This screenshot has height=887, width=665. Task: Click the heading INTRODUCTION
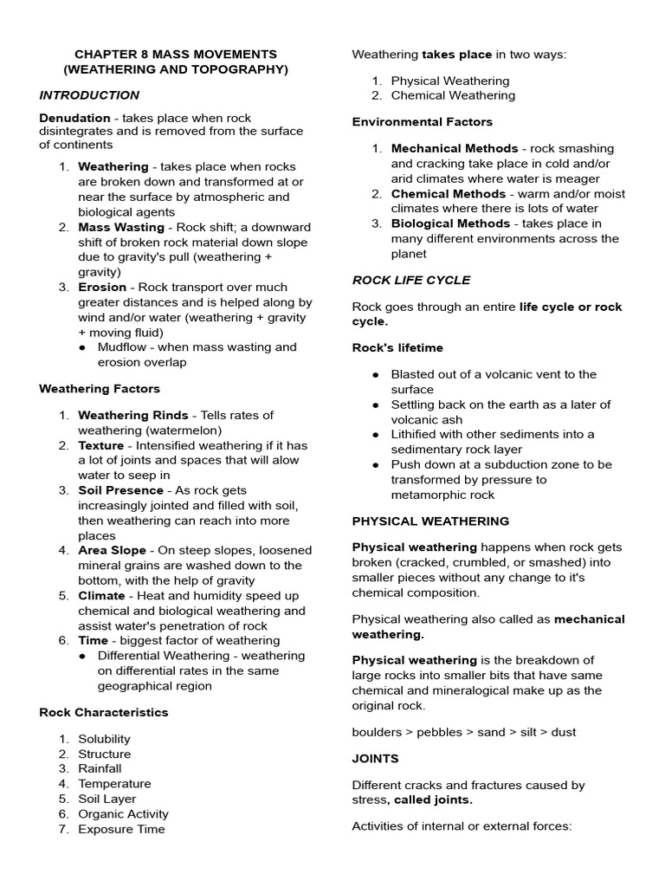point(89,95)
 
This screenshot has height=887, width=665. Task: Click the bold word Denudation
point(74,117)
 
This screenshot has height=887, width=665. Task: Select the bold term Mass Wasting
point(121,227)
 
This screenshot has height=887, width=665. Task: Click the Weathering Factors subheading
point(100,389)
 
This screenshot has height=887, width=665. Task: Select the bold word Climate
point(101,596)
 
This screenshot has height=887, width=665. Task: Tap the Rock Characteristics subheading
point(104,713)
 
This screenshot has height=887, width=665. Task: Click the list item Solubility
point(104,739)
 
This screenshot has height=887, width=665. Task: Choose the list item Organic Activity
point(123,814)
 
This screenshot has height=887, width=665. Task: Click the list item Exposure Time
point(121,829)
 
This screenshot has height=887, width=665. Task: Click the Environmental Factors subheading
point(422,122)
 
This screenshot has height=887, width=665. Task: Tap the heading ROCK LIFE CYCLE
point(411,281)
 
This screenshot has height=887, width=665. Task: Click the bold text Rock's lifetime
point(397,348)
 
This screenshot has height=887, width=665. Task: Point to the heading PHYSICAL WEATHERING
point(430,521)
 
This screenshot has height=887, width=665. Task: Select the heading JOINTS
point(375,759)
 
